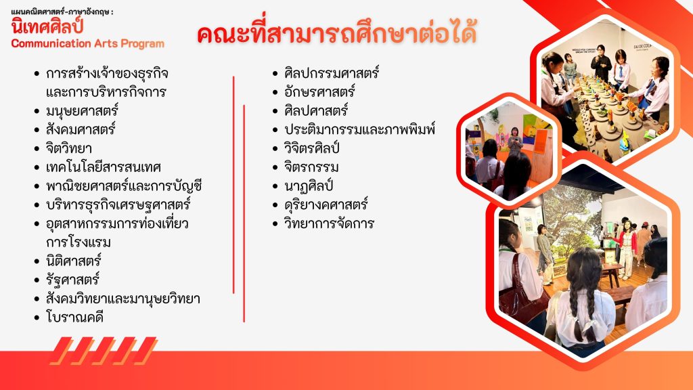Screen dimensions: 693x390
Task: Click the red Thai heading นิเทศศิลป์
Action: (x=47, y=27)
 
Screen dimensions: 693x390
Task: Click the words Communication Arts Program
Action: (x=87, y=44)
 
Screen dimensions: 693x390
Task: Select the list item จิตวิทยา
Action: (x=69, y=148)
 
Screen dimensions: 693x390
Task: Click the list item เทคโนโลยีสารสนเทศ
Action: (x=104, y=167)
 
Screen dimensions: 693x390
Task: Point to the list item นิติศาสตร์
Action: (x=74, y=261)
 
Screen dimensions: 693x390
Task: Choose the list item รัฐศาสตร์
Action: (x=73, y=280)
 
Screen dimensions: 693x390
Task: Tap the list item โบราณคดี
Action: (x=74, y=317)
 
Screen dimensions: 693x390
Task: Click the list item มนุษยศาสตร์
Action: (x=82, y=110)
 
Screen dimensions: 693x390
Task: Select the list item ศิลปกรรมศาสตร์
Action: (x=332, y=73)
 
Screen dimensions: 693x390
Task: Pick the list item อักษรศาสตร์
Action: (x=319, y=91)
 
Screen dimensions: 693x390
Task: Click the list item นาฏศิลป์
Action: (x=309, y=186)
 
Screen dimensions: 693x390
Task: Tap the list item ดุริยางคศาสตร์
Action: (x=326, y=204)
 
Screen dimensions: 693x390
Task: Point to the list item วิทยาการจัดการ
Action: (x=330, y=223)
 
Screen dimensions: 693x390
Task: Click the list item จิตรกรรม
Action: (x=311, y=167)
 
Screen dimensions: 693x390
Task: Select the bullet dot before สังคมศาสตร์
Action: (x=37, y=130)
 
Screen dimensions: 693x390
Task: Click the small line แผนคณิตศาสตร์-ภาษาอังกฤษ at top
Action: (x=62, y=12)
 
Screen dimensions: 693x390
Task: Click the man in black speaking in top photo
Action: (x=602, y=64)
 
